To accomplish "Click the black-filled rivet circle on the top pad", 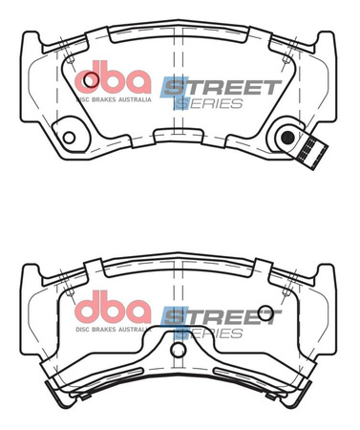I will click(x=287, y=135).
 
